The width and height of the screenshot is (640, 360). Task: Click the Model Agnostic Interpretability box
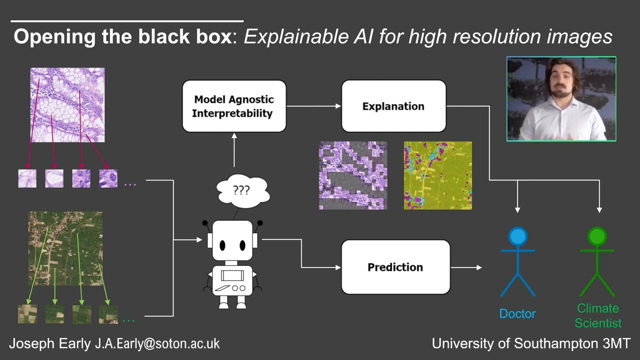234,106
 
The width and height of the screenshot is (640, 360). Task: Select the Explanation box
393,106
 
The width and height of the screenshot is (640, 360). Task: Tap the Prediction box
395,267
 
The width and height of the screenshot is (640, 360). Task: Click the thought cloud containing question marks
242,190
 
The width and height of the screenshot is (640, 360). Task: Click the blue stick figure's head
517,237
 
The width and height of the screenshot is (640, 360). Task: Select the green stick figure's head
597,237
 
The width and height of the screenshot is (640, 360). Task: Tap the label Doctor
517,314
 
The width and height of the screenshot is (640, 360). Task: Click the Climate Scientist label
598,315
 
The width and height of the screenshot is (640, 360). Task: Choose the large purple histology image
67,105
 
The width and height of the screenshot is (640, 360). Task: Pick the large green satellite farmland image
65,248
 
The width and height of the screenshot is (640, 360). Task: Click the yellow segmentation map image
437,175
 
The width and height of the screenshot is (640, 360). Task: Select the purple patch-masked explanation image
353,175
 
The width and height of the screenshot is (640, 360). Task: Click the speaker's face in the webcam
562,80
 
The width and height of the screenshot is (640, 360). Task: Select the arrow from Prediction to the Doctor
466,267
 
